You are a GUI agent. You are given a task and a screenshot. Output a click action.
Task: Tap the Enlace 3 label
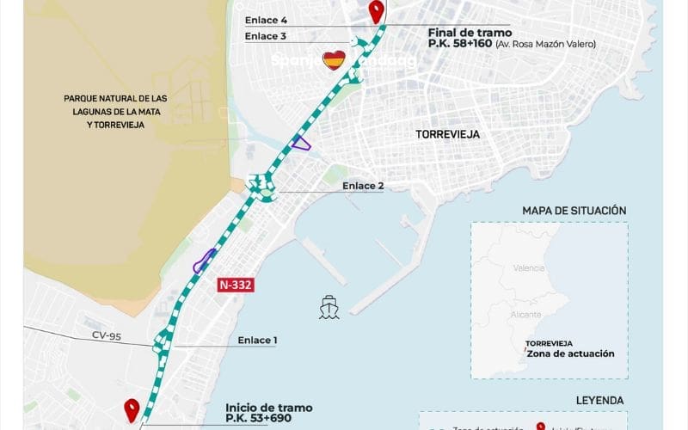pyautogui.click(x=265, y=36)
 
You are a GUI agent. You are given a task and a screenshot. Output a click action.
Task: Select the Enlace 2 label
pyautogui.click(x=363, y=186)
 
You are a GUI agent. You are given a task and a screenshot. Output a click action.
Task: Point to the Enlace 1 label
pyautogui.click(x=257, y=341)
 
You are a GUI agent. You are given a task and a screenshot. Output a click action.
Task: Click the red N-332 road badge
pyautogui.click(x=235, y=286)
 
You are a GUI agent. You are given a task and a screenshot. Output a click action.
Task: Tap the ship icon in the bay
pyautogui.click(x=329, y=307)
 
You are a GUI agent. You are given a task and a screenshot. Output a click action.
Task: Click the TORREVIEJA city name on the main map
pyautogui.click(x=447, y=135)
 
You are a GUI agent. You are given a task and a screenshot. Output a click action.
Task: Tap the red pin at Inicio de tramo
pyautogui.click(x=132, y=410)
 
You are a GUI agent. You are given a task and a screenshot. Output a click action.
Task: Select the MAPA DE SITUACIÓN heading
pyautogui.click(x=574, y=211)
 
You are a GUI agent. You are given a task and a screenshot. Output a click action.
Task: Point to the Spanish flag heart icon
pyautogui.click(x=334, y=60)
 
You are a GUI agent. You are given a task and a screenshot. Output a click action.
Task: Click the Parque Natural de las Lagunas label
pyautogui.click(x=115, y=111)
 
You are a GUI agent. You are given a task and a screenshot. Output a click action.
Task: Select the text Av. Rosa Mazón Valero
pyautogui.click(x=545, y=44)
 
